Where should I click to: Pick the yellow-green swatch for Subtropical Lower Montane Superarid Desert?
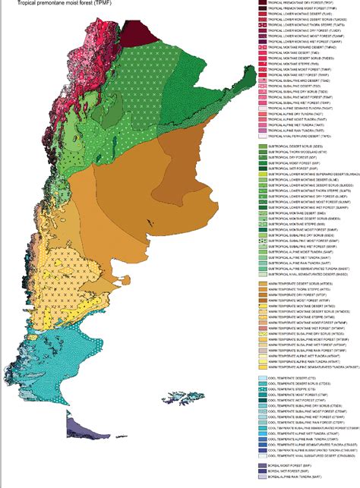[x=263, y=173]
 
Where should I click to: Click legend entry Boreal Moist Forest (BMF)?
[x=292, y=464]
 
